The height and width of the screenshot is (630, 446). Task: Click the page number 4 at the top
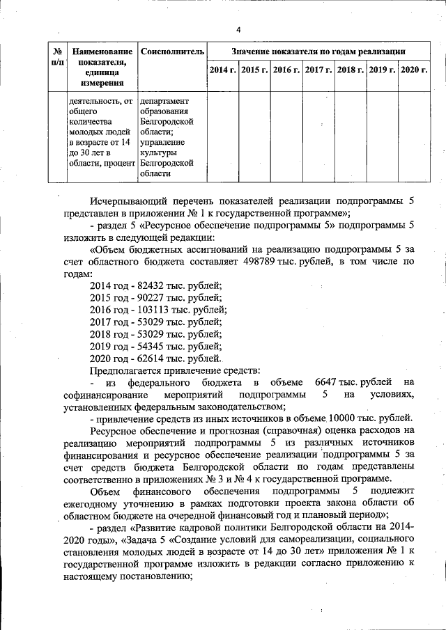[x=238, y=30]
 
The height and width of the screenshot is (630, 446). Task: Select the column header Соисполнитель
[x=172, y=52]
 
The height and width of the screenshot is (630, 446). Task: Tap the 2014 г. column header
[x=222, y=70]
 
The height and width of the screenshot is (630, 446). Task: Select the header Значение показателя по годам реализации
[x=318, y=52]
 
